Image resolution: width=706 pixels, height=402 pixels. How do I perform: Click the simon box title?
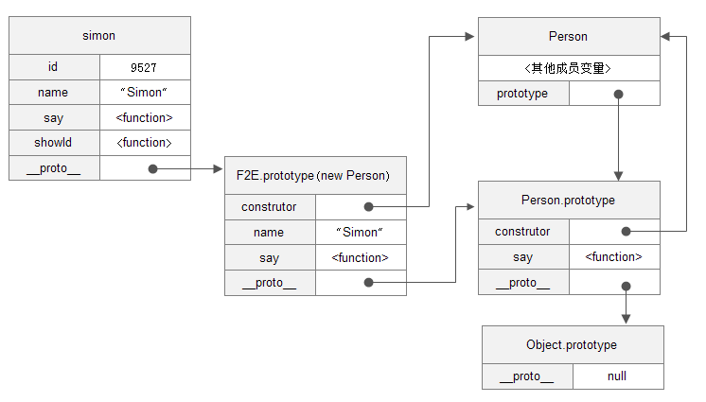pos(99,36)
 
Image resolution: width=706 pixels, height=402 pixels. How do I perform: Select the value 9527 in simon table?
pos(144,68)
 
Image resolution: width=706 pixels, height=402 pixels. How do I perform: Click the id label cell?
pos(54,67)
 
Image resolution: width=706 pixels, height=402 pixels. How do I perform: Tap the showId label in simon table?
pos(54,143)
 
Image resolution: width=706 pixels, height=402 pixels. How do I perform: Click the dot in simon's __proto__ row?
pos(152,169)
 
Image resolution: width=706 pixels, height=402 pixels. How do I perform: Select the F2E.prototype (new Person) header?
pos(314,175)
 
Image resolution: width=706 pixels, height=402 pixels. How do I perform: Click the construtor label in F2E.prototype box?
pos(269,206)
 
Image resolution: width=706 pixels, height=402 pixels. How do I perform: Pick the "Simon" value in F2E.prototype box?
pos(360,232)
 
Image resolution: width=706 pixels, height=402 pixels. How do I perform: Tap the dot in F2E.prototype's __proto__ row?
pos(368,282)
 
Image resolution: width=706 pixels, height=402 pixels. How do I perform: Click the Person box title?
pos(568,37)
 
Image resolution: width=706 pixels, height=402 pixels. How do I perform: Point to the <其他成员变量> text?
pos(568,68)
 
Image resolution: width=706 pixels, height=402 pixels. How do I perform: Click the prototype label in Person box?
pos(522,94)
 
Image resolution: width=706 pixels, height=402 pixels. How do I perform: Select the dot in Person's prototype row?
pos(618,94)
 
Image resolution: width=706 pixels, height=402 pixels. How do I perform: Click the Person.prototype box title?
pos(568,201)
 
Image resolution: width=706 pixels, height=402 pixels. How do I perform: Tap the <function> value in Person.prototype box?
pos(613,256)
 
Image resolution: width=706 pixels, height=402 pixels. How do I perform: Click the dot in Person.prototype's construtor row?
pos(626,231)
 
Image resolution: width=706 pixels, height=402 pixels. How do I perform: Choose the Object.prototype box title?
pos(572,345)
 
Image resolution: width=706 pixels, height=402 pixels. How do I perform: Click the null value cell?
pos(617,376)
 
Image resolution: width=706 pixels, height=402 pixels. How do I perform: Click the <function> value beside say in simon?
pos(144,118)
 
